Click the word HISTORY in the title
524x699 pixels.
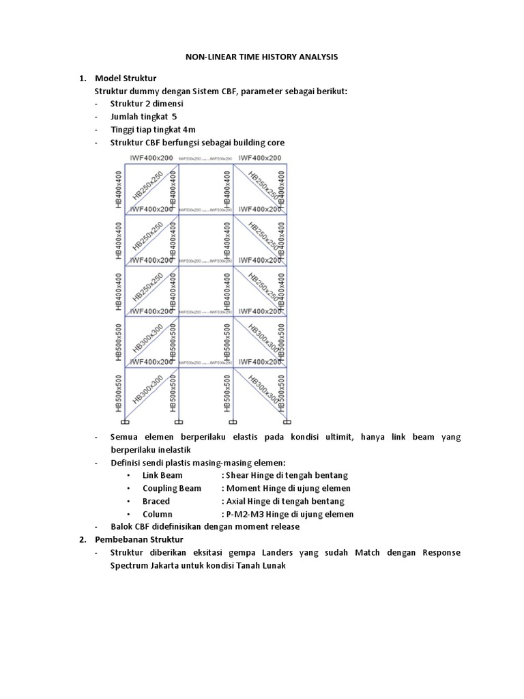coord(263,57)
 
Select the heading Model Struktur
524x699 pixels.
coord(126,79)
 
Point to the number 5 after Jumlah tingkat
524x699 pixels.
coord(174,116)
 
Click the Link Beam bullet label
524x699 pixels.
coord(163,475)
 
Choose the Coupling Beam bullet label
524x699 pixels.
coord(172,488)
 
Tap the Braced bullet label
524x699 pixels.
coord(156,501)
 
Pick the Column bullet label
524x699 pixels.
coord(158,514)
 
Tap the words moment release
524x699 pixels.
coord(267,526)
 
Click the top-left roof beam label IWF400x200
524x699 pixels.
coord(151,158)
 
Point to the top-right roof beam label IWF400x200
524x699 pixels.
coord(260,158)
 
